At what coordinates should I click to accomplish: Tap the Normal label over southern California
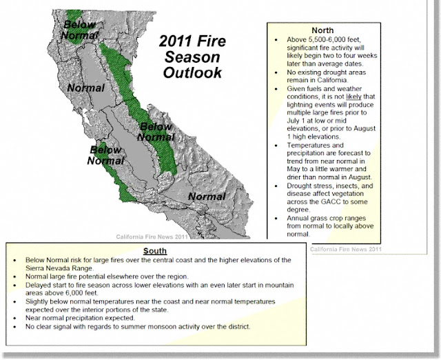207,197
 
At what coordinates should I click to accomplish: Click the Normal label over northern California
85,88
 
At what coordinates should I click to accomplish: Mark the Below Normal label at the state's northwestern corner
80,26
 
